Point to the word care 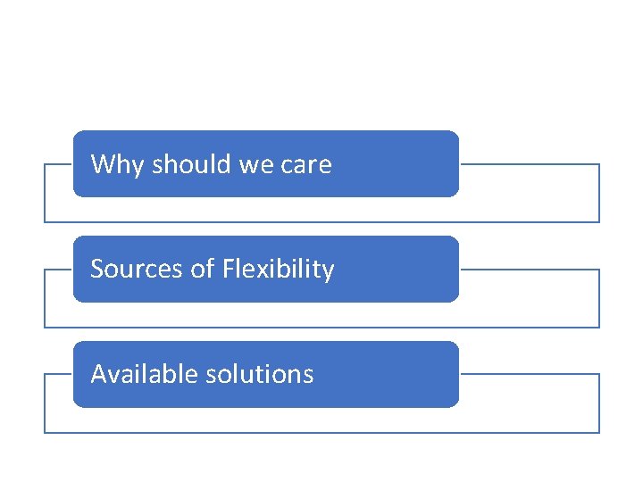pos(306,165)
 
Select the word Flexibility pos(278,270)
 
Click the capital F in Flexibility pos(227,270)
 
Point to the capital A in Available pos(97,374)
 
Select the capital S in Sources pos(96,270)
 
